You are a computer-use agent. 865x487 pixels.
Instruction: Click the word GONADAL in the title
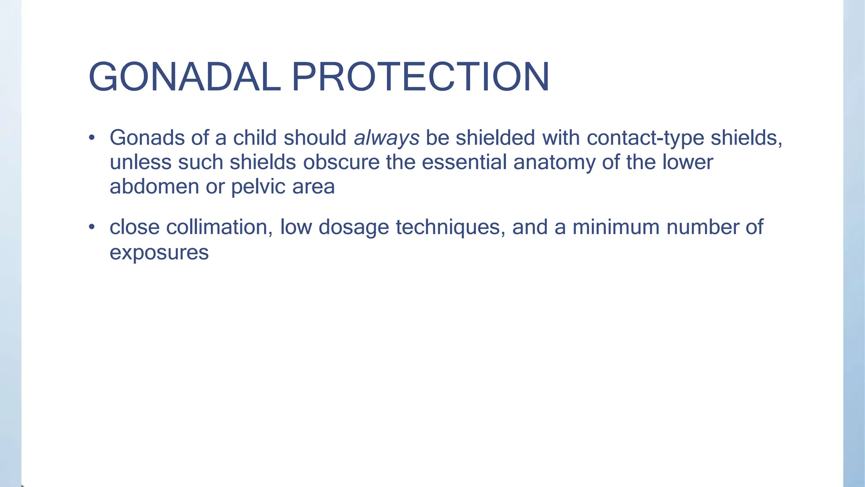click(x=185, y=77)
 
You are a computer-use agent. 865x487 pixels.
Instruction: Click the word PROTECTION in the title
click(x=420, y=77)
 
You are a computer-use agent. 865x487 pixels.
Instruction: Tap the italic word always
click(x=386, y=138)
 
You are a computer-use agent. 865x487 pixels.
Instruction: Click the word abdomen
click(x=154, y=186)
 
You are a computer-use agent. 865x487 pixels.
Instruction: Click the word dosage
click(x=354, y=228)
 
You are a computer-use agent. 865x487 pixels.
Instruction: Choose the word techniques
click(x=451, y=228)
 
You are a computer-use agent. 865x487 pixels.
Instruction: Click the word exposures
click(x=159, y=253)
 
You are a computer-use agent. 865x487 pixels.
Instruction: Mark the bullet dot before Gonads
click(x=92, y=138)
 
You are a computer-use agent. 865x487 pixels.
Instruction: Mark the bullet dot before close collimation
click(x=92, y=227)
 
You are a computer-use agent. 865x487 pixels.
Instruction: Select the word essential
click(x=464, y=162)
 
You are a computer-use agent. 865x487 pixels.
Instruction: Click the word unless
click(x=140, y=162)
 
